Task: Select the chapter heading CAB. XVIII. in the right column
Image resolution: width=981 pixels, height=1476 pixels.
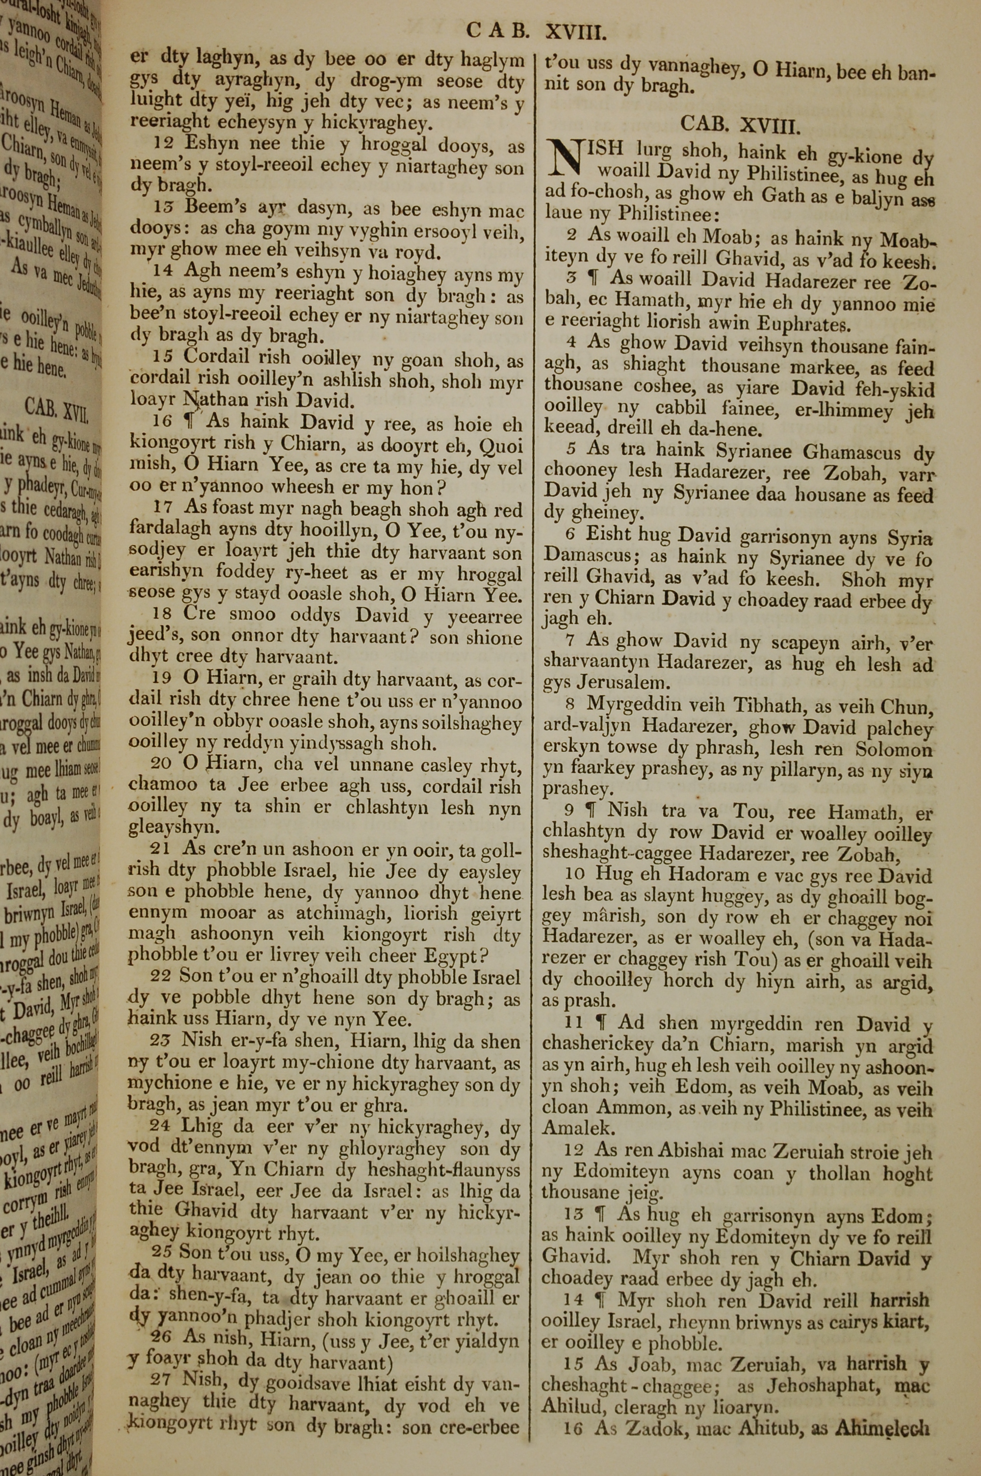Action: point(740,126)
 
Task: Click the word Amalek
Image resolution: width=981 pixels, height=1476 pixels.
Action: point(570,1128)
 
